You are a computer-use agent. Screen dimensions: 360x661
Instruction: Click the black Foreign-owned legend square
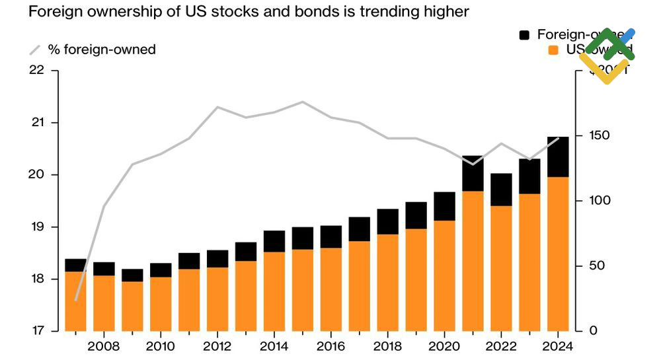(x=525, y=35)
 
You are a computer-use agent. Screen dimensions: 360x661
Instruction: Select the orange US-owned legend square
(x=555, y=50)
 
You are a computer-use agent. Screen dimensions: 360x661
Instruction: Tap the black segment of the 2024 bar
(x=558, y=157)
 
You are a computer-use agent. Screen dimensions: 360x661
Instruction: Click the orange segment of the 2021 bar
(x=473, y=261)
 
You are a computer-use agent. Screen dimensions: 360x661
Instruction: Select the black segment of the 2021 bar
(x=473, y=173)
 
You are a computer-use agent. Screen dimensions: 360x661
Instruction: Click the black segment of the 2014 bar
(x=274, y=241)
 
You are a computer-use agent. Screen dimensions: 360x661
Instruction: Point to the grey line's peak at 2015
(x=302, y=102)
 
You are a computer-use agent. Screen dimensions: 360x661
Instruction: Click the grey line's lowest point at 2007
(x=76, y=300)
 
